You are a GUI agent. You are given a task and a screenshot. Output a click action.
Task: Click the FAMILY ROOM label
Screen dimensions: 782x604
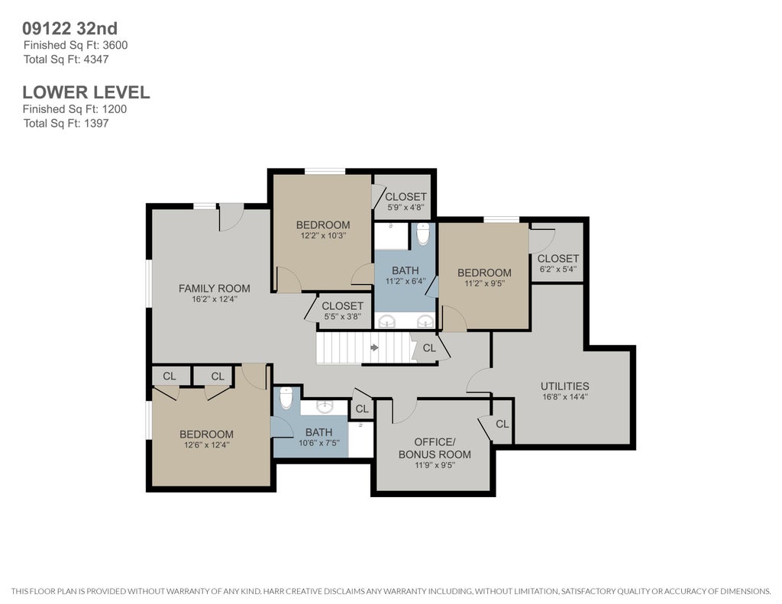pos(215,289)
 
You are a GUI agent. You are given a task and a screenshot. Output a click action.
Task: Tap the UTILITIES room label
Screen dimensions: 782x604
pos(564,386)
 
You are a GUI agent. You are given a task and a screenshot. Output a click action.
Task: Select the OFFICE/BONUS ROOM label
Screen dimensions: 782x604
pos(435,448)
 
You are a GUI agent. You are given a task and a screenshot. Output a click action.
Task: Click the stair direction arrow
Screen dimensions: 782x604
pos(374,347)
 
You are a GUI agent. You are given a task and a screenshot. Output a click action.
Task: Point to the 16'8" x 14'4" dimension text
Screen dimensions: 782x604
pos(565,398)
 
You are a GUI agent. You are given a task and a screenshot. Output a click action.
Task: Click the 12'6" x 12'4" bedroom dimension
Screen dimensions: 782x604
pos(206,445)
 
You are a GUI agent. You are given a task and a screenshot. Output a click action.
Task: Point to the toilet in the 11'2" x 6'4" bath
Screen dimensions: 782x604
pos(423,234)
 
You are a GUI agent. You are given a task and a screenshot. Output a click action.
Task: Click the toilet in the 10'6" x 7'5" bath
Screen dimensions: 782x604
pos(286,398)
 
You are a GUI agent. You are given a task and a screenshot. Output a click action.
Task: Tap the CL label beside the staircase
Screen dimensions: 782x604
pos(429,348)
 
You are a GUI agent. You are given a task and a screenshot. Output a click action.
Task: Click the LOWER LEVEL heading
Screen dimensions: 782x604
pos(86,92)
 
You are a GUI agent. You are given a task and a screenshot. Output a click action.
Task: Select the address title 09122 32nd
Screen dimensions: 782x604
pos(70,28)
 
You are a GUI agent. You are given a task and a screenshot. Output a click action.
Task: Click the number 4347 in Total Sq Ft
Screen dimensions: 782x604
pos(95,60)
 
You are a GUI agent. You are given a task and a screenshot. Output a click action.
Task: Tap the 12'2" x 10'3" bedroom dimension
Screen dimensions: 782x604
pos(323,235)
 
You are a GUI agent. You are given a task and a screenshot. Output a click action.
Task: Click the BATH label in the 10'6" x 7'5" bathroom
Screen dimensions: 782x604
pos(318,432)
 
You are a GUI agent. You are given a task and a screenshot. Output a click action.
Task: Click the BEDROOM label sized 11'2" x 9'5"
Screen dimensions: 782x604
pos(484,273)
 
